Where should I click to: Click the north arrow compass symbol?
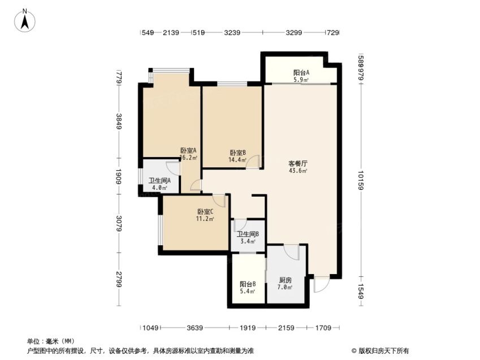tap(24, 21)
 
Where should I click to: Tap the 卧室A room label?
tap(188, 150)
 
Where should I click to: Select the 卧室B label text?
tap(238, 153)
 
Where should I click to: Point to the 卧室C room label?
tap(205, 211)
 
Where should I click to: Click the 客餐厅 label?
tap(298, 164)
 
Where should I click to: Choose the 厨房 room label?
tap(286, 280)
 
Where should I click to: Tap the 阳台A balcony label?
tap(301, 72)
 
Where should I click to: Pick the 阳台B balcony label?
tap(248, 284)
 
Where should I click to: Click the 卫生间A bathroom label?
tap(159, 181)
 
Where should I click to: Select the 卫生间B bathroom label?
tap(248, 234)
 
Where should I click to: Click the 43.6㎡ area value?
tap(298, 171)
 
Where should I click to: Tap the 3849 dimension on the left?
tap(119, 121)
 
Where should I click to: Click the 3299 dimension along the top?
tap(294, 32)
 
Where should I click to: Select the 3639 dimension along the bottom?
tap(195, 328)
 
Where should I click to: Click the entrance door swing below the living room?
tap(322, 284)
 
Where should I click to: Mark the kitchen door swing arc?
tap(291, 252)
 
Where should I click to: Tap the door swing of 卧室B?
tap(253, 162)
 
